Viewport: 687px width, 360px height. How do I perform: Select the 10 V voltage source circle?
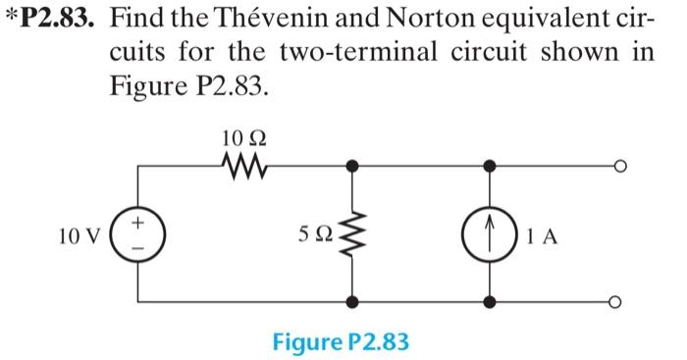tap(138, 235)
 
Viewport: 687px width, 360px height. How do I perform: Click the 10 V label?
tap(78, 235)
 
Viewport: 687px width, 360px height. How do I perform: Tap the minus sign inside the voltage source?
tap(138, 248)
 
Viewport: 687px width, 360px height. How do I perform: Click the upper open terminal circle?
tap(618, 166)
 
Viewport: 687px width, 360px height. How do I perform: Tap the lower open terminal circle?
tap(618, 303)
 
